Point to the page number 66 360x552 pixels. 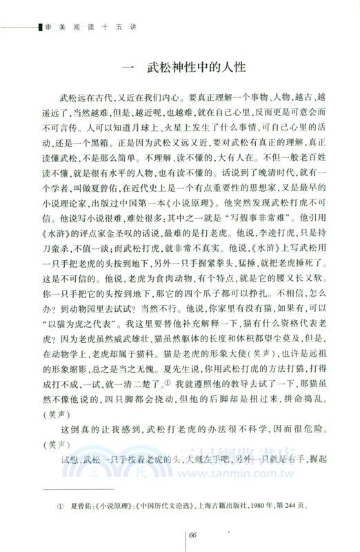pyautogui.click(x=193, y=535)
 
